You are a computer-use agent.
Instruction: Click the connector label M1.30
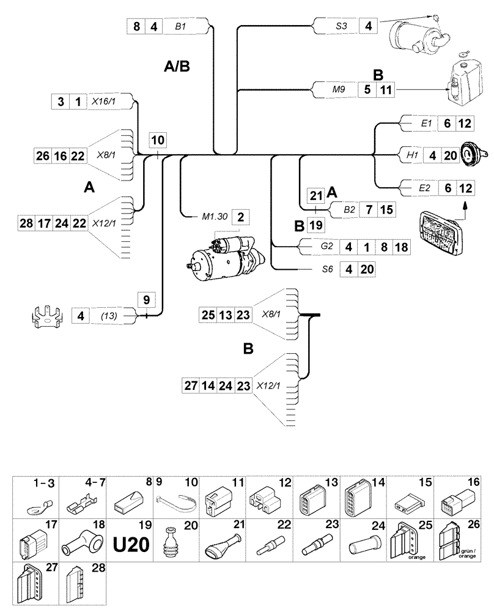click(x=214, y=216)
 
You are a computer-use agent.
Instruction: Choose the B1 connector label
click(x=180, y=27)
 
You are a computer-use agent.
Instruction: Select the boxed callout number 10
click(x=158, y=139)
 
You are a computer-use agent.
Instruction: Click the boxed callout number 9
click(x=147, y=300)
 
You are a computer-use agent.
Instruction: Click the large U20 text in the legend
click(x=131, y=544)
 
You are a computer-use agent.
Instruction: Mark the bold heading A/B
click(x=177, y=66)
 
